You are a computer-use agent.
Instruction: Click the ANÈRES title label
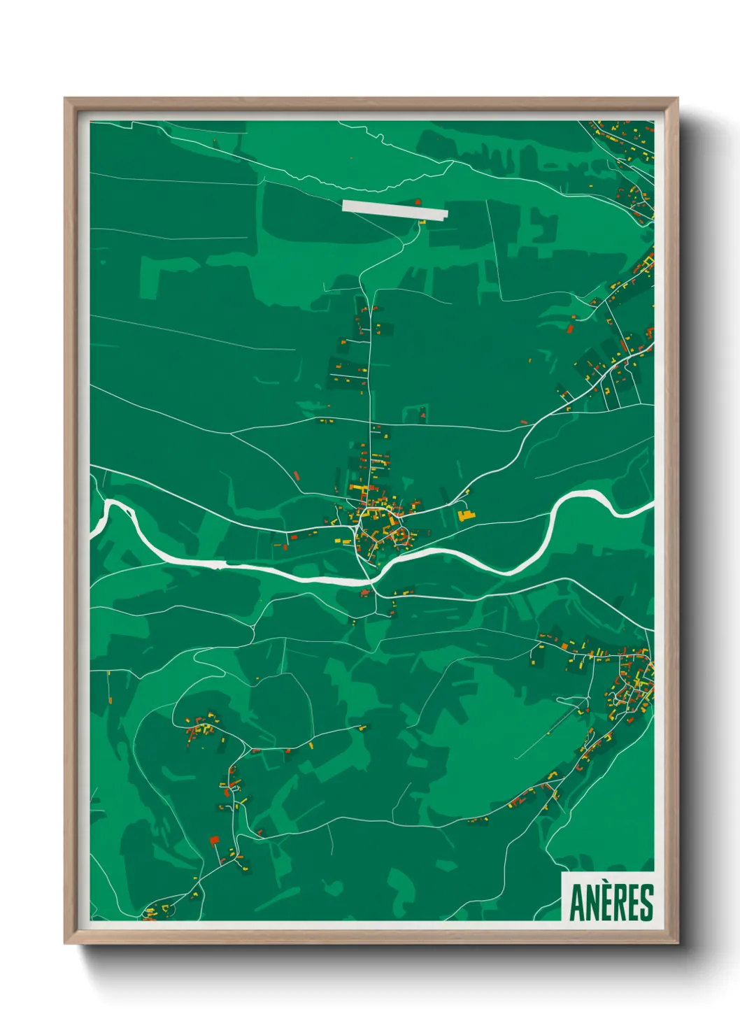[x=611, y=901]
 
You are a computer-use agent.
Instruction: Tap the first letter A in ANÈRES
[x=578, y=903]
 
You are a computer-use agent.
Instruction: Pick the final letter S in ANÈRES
[x=646, y=903]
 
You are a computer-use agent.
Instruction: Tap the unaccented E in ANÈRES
[x=636, y=903]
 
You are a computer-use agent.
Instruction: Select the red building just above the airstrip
[x=418, y=202]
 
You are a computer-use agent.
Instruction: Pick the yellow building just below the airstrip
[x=422, y=222]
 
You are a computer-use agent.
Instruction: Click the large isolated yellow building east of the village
[x=465, y=515]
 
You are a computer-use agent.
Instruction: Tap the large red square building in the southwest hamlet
[x=214, y=840]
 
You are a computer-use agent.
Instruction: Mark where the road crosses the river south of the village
[x=370, y=576]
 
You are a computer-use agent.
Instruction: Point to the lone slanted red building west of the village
[x=297, y=476]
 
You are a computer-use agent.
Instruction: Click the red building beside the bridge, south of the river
[x=364, y=593]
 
